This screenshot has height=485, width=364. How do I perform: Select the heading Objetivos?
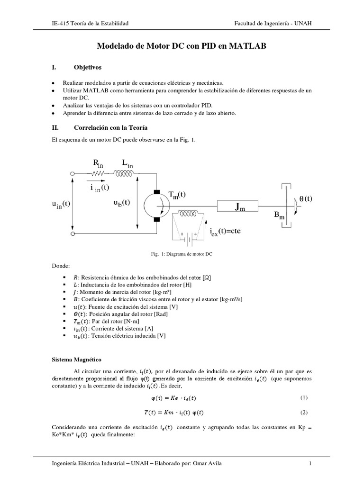88,68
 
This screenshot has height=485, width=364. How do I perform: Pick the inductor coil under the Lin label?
126,174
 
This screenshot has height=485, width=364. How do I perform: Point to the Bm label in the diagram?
279,216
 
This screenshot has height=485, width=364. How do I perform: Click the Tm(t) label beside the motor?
177,195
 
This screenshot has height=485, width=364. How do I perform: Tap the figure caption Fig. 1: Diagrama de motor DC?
181,254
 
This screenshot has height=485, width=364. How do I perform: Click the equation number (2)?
304,412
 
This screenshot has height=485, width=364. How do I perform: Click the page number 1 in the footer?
309,463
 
